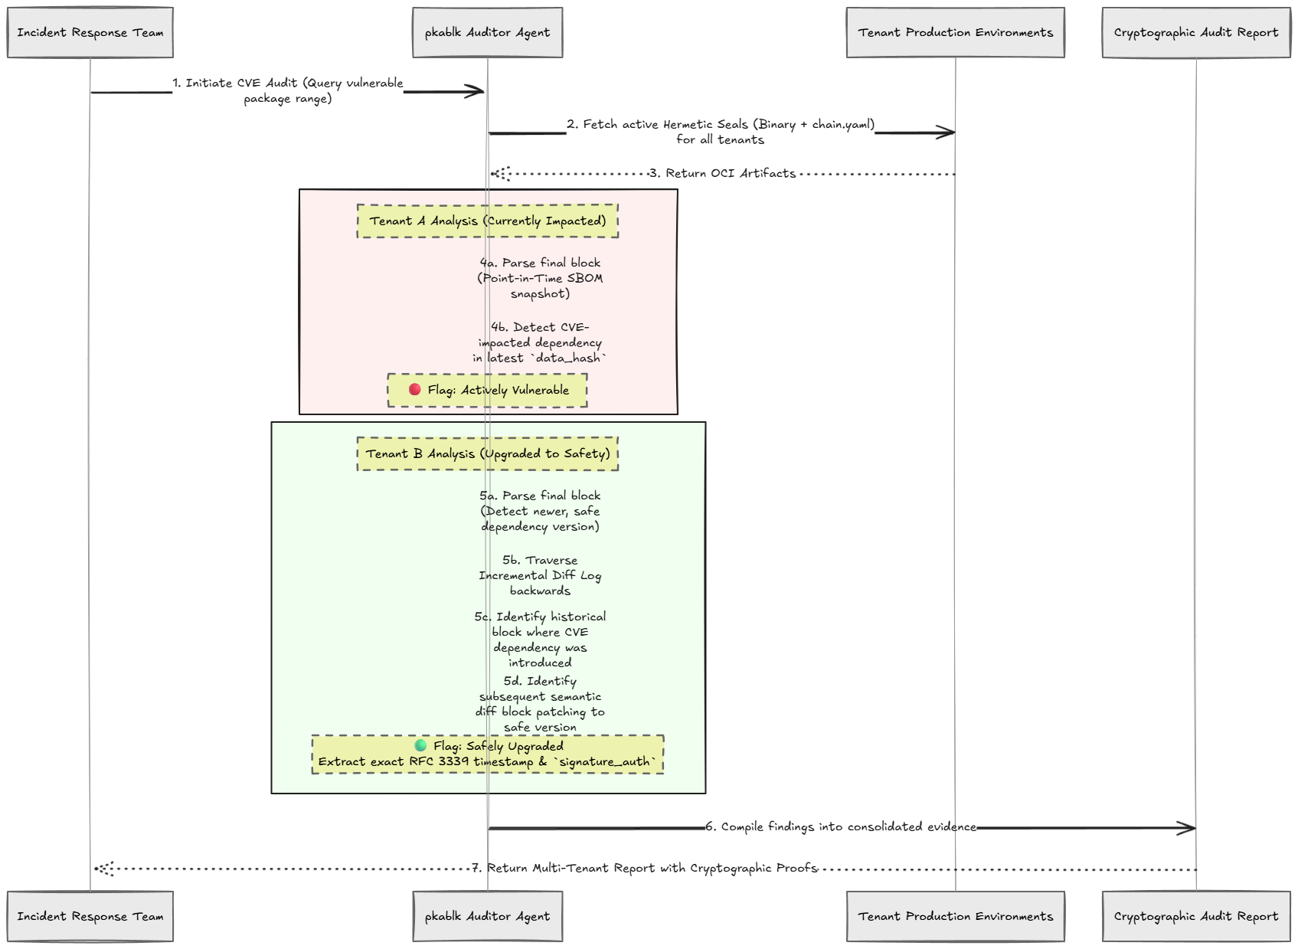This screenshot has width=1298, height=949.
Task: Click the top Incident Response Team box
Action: [90, 32]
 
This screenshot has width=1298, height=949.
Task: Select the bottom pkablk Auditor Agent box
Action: [487, 916]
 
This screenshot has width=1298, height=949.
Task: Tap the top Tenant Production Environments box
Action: [955, 32]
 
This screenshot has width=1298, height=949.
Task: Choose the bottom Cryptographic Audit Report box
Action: [1195, 916]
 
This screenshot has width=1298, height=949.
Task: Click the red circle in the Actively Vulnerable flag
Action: [414, 390]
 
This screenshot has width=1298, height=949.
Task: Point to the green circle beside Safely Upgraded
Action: [420, 745]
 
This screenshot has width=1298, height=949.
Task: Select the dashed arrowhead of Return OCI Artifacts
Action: [501, 173]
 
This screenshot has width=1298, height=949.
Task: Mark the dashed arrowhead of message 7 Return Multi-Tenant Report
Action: [104, 869]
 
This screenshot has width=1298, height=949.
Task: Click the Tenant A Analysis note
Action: [487, 221]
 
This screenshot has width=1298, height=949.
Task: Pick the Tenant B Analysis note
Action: [487, 454]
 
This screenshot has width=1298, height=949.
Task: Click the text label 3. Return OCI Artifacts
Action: [722, 173]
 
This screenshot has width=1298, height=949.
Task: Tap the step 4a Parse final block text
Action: [540, 278]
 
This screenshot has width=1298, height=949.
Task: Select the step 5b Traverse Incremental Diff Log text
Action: [540, 575]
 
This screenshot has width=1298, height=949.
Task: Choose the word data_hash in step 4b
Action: [568, 358]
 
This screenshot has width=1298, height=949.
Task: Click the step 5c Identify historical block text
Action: [540, 640]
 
